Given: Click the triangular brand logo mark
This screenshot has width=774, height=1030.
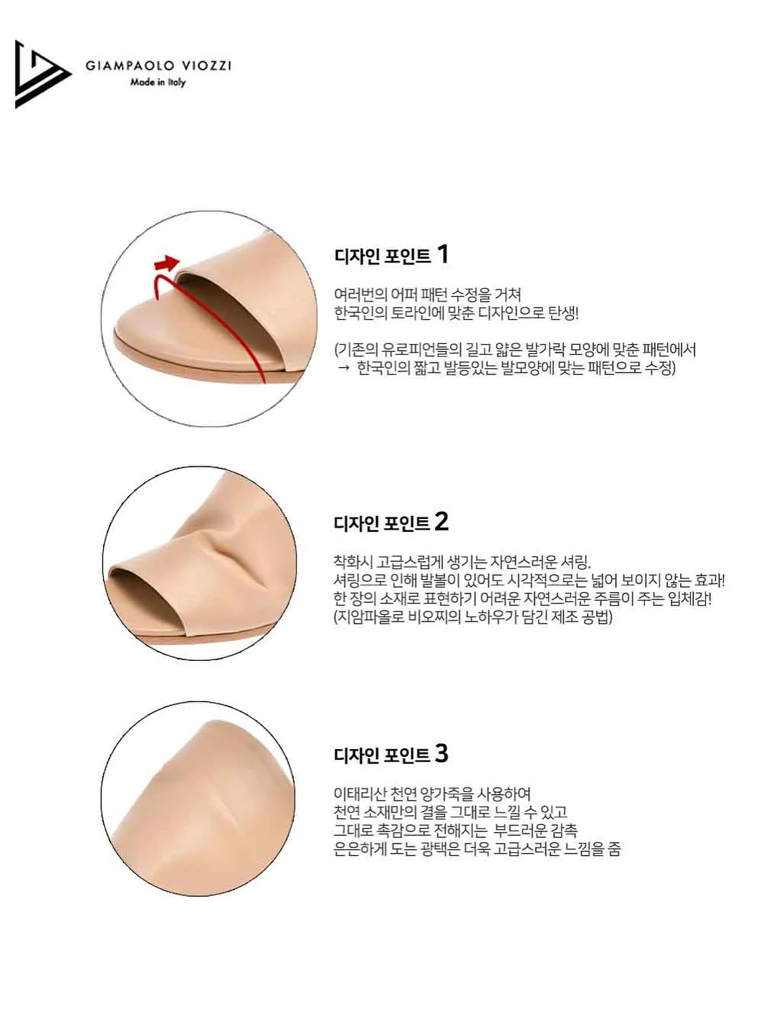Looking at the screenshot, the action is tap(42, 74).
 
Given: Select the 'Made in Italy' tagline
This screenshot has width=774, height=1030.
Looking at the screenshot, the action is tap(158, 82).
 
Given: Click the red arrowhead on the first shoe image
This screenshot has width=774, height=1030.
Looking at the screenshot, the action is tap(168, 263).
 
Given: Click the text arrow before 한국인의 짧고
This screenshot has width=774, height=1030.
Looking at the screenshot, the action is tap(344, 368).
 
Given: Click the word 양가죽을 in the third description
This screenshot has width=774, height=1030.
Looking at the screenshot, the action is tap(446, 793).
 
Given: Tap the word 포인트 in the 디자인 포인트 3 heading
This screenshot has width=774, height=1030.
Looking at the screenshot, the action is tap(406, 755).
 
